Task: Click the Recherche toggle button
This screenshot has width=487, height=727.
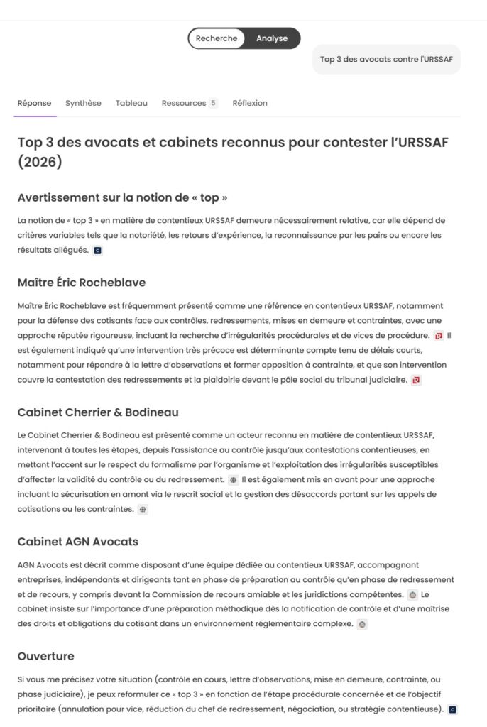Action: click(217, 38)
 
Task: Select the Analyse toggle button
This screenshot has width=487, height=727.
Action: click(272, 38)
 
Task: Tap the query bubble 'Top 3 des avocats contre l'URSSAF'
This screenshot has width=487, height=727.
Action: click(386, 59)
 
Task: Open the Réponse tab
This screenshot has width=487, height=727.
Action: click(34, 103)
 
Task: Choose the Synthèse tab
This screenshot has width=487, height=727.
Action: click(83, 103)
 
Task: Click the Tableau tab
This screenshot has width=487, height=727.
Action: click(131, 103)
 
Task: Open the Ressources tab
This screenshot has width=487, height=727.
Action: click(184, 103)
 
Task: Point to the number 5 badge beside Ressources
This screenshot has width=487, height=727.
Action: click(213, 103)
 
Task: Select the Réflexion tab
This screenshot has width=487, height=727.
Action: click(250, 103)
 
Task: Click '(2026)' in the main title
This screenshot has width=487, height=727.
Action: click(40, 163)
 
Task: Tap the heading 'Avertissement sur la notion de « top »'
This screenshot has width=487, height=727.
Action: click(122, 197)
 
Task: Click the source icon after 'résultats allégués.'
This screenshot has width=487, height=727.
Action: click(97, 251)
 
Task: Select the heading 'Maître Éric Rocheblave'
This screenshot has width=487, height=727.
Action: click(82, 283)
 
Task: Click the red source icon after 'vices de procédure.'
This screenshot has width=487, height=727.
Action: click(439, 336)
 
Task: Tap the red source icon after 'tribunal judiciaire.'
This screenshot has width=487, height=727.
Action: click(416, 381)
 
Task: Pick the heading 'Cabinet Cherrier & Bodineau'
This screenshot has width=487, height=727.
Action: click(98, 412)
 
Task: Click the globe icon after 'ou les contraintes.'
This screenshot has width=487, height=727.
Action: click(143, 509)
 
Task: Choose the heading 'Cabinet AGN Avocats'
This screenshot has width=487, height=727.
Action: click(78, 542)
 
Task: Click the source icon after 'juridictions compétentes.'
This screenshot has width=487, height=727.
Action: click(412, 594)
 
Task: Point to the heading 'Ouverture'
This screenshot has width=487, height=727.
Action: click(45, 656)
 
